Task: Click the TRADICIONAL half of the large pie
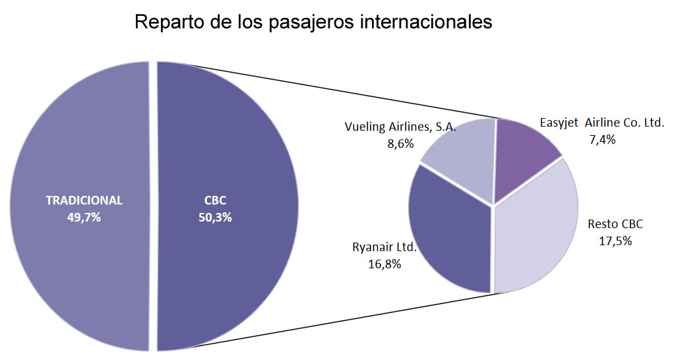coord(79,264)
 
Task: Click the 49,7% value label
coord(84,218)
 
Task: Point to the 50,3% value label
coord(215,218)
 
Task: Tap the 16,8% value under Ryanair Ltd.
coord(385,264)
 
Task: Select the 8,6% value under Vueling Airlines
coord(400,143)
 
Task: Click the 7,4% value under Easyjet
coord(602,139)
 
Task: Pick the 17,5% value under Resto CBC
coord(615,241)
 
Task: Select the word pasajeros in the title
coord(312,22)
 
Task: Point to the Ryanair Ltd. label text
coord(384,248)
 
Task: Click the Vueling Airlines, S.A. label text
coord(400,127)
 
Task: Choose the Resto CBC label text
coord(615,224)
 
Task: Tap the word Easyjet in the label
coord(559,123)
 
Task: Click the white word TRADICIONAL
coord(84,200)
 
